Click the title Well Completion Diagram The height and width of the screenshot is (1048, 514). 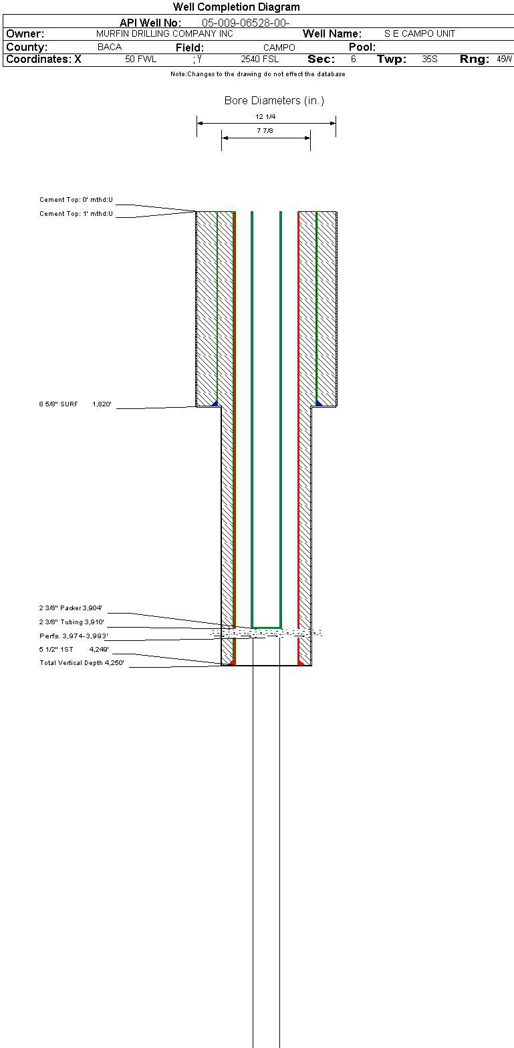(x=236, y=7)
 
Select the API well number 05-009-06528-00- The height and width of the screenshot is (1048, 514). (x=245, y=23)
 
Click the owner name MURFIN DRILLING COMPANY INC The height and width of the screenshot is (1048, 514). (x=164, y=33)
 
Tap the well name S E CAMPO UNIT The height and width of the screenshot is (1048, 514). (x=420, y=33)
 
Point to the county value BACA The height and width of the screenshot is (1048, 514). (x=110, y=47)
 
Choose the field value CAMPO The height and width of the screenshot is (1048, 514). (x=279, y=47)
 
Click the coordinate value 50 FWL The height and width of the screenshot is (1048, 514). (x=140, y=59)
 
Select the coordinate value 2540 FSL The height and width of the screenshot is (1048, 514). (x=260, y=59)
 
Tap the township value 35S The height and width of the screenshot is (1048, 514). (x=430, y=59)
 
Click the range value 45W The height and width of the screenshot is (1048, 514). (x=504, y=59)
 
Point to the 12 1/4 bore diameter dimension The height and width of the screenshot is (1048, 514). (x=265, y=117)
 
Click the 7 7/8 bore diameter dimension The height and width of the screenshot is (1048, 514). (x=265, y=131)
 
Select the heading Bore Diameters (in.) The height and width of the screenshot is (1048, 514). (x=274, y=101)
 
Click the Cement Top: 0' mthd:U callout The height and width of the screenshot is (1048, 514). (x=76, y=200)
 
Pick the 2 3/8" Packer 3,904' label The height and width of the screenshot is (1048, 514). (x=70, y=608)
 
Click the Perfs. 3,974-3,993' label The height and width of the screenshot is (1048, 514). (x=74, y=636)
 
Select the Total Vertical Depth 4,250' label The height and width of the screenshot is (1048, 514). (x=82, y=663)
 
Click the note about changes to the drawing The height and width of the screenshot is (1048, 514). (x=257, y=74)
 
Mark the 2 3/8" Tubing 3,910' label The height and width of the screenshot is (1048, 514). (x=72, y=622)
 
